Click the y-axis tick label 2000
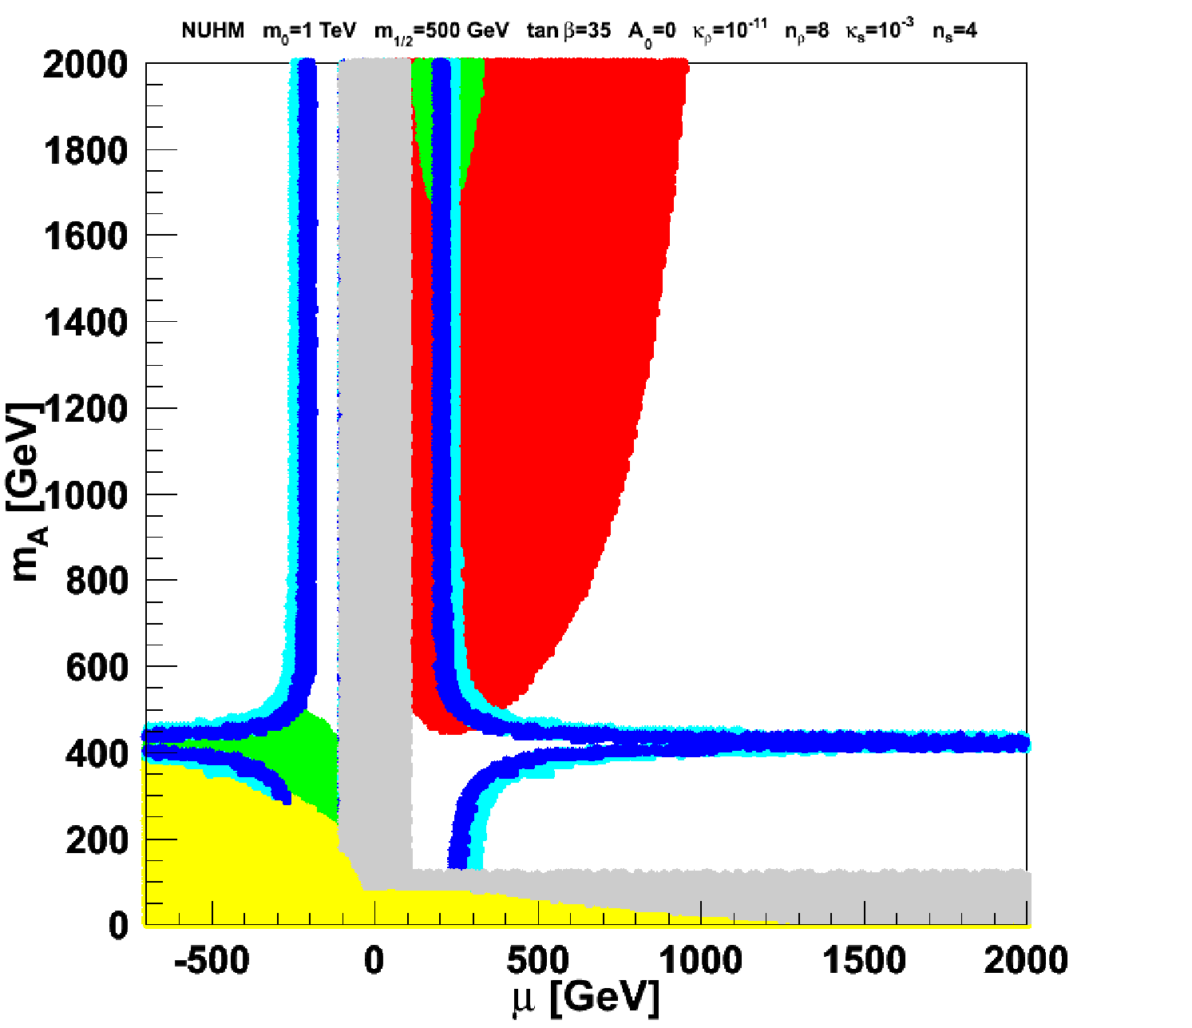(85, 65)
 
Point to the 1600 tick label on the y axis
(85, 236)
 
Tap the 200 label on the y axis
(97, 840)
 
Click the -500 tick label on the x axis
(212, 961)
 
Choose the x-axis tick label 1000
(700, 961)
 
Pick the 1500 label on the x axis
(864, 961)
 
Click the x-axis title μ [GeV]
(585, 1000)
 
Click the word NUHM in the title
(213, 30)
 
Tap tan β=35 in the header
(568, 30)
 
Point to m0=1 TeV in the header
(310, 31)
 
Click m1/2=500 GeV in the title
(442, 32)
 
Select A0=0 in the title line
(651, 32)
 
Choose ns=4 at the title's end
(955, 31)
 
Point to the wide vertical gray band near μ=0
(374, 462)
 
